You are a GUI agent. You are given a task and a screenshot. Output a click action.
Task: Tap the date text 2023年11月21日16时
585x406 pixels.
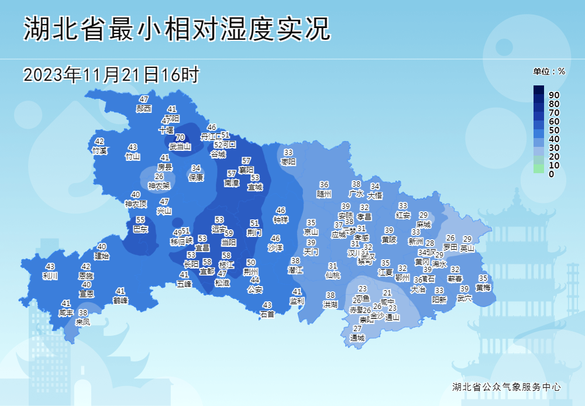click(111, 75)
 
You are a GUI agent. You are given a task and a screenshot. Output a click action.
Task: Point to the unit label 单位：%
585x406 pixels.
click(549, 71)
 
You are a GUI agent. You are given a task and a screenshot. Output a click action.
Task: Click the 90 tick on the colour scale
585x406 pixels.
click(555, 95)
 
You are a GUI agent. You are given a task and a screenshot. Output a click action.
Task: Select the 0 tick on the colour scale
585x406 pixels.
click(552, 174)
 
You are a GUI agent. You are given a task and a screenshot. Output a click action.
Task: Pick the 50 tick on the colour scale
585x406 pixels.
click(555, 130)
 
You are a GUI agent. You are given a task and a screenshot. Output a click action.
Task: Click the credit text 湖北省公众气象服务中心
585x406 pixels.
click(507, 387)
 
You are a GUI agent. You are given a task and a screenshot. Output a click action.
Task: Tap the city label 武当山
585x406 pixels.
click(180, 146)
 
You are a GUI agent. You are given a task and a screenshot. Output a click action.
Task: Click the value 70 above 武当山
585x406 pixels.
click(180, 137)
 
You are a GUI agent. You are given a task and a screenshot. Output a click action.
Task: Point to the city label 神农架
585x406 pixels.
click(159, 186)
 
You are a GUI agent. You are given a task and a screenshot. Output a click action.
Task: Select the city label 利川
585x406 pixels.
click(50, 276)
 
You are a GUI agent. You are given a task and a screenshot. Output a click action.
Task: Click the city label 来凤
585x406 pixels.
click(83, 321)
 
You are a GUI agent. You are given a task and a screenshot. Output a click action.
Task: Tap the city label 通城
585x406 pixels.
click(357, 338)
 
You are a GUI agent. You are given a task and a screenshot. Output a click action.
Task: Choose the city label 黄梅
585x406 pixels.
click(483, 287)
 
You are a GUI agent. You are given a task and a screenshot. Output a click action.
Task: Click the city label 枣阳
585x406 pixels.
click(288, 161)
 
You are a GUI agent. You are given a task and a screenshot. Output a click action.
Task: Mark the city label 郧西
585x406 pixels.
click(144, 108)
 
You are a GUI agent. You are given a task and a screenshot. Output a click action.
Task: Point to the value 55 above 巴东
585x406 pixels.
click(140, 220)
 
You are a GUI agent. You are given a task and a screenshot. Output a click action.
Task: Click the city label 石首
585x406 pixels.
click(267, 314)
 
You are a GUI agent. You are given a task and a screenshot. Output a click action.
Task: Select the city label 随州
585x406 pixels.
click(324, 194)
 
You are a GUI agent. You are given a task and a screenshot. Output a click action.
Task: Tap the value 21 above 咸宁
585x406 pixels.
click(387, 293)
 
